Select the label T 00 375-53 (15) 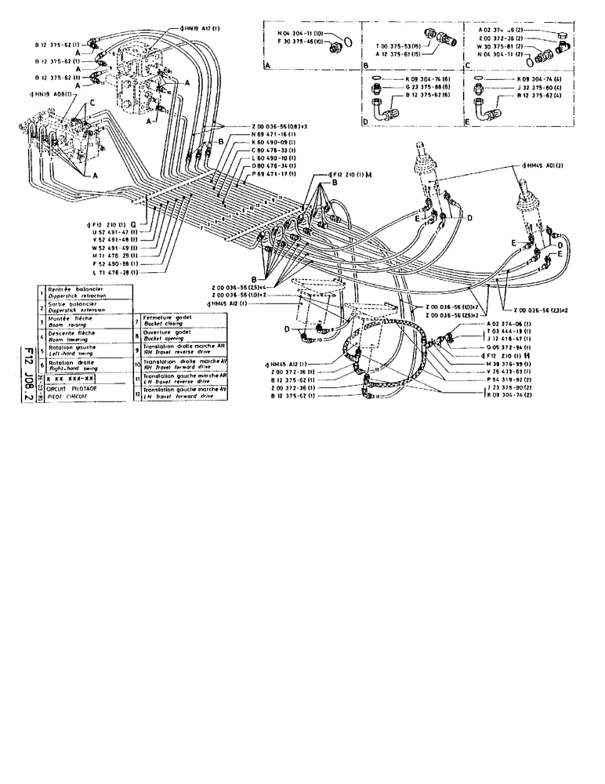[x=400, y=47]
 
